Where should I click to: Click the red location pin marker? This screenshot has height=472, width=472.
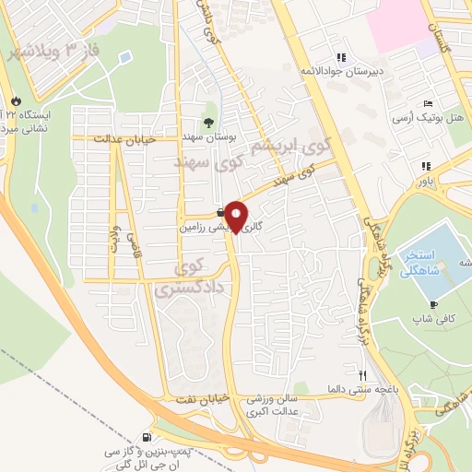(x=237, y=217)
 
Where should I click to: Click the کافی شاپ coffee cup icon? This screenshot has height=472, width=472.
(x=434, y=305)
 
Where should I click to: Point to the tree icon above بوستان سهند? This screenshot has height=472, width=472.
(x=207, y=122)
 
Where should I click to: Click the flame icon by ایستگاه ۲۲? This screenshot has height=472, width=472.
(x=14, y=100)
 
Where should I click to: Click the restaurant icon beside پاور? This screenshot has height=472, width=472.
(x=426, y=167)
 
